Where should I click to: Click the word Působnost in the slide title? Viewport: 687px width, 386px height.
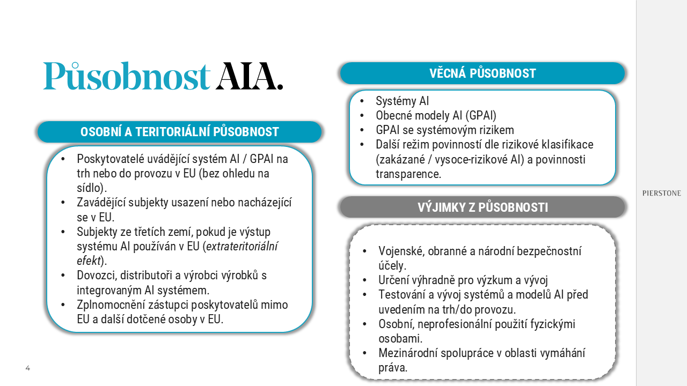(x=126, y=76)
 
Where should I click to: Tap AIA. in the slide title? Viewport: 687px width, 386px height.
(x=250, y=76)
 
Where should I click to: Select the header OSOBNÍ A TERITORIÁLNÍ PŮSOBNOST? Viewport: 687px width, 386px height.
(x=179, y=132)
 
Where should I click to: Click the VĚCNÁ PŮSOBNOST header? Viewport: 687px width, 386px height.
(x=483, y=73)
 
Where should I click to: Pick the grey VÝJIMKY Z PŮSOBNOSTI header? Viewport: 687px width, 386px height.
(x=483, y=207)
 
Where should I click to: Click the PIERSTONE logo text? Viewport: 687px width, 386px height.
(x=661, y=193)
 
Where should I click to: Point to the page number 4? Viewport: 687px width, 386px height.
(x=28, y=368)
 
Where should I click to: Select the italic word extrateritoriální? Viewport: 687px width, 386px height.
(x=243, y=247)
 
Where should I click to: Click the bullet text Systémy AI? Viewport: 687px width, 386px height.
(x=402, y=101)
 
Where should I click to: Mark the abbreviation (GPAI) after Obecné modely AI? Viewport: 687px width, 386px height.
(x=480, y=115)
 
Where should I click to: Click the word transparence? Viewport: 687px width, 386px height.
(x=408, y=174)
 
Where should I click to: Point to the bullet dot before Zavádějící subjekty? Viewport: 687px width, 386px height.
(x=63, y=203)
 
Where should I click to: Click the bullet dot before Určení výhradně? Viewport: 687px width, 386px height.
(x=365, y=280)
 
